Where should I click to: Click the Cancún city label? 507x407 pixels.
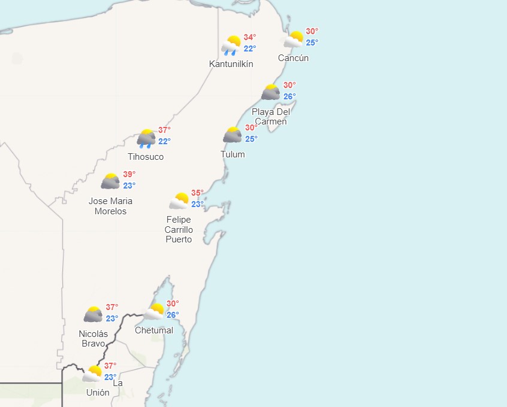tap(294, 58)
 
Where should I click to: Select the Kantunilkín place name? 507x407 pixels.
tap(231, 64)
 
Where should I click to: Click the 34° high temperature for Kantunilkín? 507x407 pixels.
tap(250, 37)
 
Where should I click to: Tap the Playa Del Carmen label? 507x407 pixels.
tap(270, 117)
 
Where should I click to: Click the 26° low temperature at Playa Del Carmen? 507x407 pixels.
tap(289, 96)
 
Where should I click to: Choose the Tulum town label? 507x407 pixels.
tap(233, 154)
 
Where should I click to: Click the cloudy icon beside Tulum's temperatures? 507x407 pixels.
tap(233, 135)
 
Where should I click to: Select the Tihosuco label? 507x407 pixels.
tap(146, 157)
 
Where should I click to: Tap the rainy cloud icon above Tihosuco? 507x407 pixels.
tap(146, 138)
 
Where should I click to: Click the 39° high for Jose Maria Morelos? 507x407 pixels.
tap(129, 174)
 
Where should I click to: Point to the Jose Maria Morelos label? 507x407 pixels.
tap(110, 206)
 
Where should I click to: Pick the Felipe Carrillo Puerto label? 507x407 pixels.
tap(179, 230)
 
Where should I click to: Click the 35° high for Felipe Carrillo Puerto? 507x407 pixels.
tap(198, 193)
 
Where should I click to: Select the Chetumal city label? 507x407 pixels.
tap(154, 330)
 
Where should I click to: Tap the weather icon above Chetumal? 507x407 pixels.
tap(155, 311)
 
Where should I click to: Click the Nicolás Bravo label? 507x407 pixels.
tap(93, 339)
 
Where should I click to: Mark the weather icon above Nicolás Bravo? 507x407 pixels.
tap(93, 314)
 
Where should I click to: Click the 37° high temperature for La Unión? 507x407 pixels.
tap(110, 366)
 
